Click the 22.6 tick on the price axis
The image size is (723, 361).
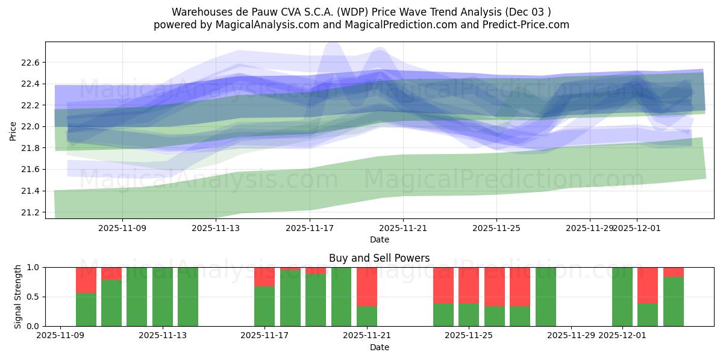(30, 63)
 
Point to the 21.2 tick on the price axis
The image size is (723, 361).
(30, 212)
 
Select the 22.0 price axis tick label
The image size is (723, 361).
(30, 127)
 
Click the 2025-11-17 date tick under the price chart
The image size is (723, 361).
(310, 229)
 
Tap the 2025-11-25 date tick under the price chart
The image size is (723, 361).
(496, 229)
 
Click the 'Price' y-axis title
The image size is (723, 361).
(13, 130)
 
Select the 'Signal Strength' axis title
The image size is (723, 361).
(17, 297)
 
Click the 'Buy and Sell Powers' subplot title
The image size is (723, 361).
(379, 258)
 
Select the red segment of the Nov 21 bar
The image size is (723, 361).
(367, 286)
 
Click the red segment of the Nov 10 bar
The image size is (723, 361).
(86, 280)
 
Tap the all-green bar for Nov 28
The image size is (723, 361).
(545, 297)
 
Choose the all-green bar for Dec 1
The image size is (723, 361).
(622, 297)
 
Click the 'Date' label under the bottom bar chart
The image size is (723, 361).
(379, 347)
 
